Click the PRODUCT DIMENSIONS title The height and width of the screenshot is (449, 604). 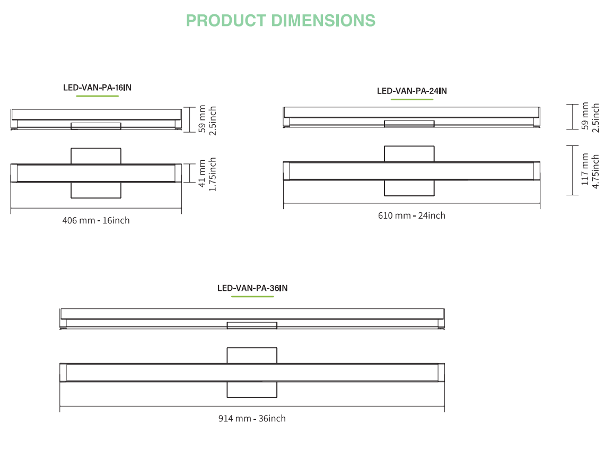coord(281,20)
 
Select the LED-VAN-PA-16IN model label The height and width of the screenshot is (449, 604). coord(97,88)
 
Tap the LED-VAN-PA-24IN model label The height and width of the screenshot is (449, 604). coord(412,91)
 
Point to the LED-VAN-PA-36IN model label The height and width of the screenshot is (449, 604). coord(252,288)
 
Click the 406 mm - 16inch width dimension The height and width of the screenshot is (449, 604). coord(96,220)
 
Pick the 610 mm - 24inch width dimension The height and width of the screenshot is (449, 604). coord(412,215)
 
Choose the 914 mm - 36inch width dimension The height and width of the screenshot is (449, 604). coord(252,418)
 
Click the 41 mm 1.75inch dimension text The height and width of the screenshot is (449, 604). coord(207,174)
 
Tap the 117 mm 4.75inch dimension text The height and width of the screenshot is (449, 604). coord(590,170)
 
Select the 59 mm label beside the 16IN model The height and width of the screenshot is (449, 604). coord(202,119)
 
